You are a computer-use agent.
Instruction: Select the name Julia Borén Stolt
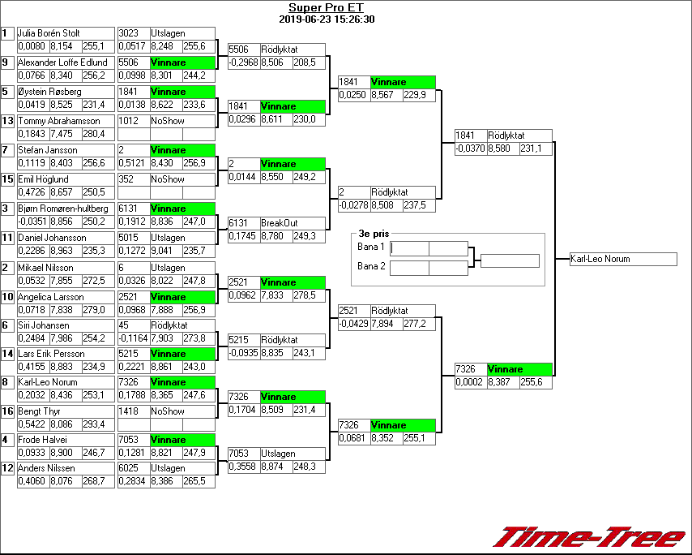pyautogui.click(x=49, y=34)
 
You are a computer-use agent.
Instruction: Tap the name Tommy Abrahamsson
pyautogui.click(x=58, y=121)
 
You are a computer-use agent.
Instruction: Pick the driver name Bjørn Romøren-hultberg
pyautogui.click(x=62, y=209)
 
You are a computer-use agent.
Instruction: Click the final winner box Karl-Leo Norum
pyautogui.click(x=622, y=260)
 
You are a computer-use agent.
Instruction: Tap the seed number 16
pyautogui.click(x=6, y=411)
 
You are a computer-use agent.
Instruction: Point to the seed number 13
pyautogui.click(x=6, y=121)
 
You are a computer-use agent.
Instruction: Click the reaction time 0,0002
pyautogui.click(x=470, y=382)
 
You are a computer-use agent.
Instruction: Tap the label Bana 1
pyautogui.click(x=371, y=247)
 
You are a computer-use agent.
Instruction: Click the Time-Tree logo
pyautogui.click(x=590, y=537)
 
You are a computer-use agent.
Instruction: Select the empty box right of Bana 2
pyautogui.click(x=409, y=268)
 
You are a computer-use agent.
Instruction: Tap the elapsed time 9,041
pyautogui.click(x=164, y=251)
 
